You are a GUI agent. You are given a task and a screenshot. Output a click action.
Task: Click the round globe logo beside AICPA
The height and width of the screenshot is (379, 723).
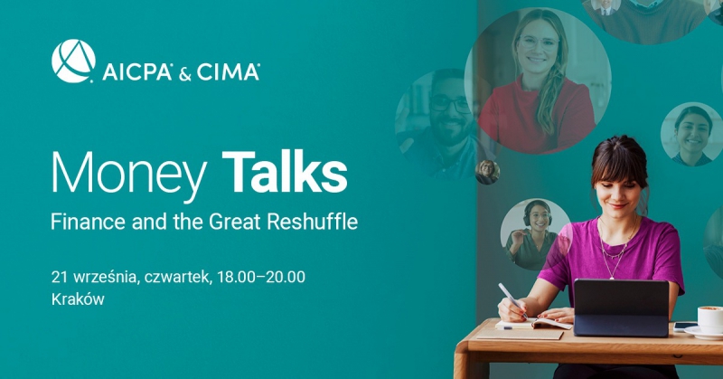point(73,61)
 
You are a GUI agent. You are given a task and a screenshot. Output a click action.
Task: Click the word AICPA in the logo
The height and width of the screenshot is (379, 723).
point(137,72)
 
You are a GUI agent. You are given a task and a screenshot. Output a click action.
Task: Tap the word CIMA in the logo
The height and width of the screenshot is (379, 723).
point(228,72)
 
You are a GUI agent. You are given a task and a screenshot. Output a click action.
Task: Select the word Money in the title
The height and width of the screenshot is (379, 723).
point(129,172)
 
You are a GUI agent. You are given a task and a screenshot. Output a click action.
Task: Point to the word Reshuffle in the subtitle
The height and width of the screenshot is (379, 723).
point(312,222)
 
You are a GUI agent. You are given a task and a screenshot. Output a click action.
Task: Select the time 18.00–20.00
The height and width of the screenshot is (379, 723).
point(261,277)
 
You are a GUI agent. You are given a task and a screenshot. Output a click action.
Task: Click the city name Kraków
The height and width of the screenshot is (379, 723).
point(78,299)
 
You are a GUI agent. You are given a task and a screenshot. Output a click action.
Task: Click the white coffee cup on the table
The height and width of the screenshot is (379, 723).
point(710,318)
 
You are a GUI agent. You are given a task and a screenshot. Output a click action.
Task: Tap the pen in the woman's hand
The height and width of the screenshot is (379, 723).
point(512,299)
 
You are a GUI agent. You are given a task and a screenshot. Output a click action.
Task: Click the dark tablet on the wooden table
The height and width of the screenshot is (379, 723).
point(621,307)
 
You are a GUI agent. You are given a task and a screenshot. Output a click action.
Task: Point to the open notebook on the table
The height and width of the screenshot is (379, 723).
point(533,324)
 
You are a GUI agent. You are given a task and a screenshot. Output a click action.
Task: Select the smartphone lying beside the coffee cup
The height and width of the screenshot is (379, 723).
point(685,327)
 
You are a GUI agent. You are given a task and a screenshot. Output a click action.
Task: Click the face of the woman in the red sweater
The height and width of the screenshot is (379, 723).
point(538,47)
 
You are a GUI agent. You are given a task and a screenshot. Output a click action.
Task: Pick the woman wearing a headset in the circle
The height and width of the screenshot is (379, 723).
point(535,234)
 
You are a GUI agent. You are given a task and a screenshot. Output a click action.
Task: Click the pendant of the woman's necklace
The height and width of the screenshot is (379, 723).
point(613,277)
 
